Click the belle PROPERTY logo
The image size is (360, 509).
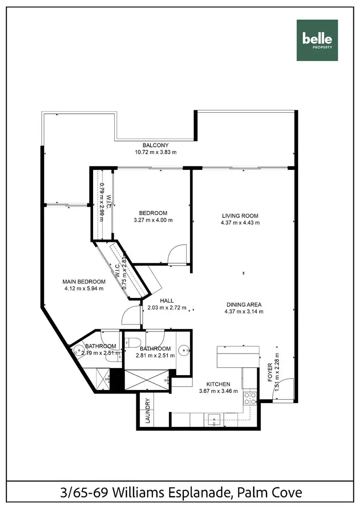pyautogui.click(x=317, y=40)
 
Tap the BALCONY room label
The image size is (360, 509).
pyautogui.click(x=156, y=145)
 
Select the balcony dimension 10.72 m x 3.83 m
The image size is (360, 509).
pyautogui.click(x=156, y=152)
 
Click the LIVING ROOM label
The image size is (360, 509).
pyautogui.click(x=240, y=216)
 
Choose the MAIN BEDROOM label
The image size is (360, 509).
pyautogui.click(x=84, y=282)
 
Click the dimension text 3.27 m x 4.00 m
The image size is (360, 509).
pyautogui.click(x=153, y=220)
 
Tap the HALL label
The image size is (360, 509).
pyautogui.click(x=167, y=301)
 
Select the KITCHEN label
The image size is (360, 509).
pyautogui.click(x=218, y=384)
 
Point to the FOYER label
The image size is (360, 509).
pyautogui.click(x=270, y=373)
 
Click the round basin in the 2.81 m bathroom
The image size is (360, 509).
pyautogui.click(x=183, y=351)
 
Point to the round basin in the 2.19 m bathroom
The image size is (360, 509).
pyautogui.click(x=77, y=351)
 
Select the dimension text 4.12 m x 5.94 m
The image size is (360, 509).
pyautogui.click(x=84, y=288)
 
